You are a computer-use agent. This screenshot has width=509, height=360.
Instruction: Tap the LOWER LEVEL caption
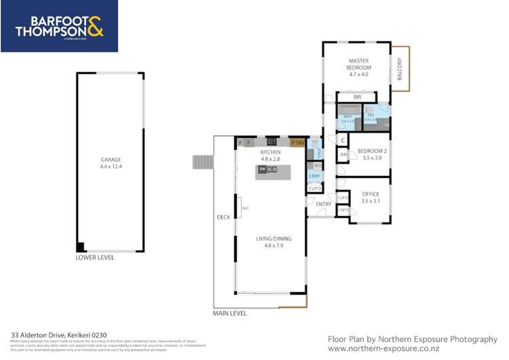95,258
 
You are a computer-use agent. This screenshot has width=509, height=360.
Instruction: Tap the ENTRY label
324,204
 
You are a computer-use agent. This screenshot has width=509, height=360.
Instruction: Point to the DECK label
223,217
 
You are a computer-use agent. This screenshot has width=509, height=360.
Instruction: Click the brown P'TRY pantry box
297,143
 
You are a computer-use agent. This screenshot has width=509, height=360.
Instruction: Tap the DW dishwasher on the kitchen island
262,168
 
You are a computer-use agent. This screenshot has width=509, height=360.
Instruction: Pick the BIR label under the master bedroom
357,98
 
